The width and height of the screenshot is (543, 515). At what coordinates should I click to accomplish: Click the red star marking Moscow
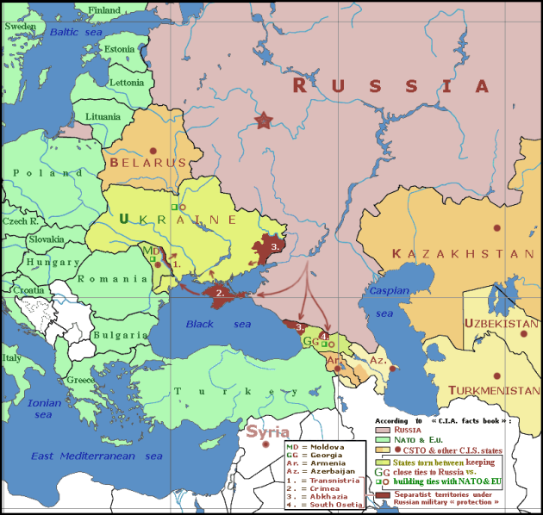[264, 121]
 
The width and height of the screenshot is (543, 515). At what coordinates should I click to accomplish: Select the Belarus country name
[148, 162]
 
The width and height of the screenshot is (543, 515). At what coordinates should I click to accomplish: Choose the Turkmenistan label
[494, 390]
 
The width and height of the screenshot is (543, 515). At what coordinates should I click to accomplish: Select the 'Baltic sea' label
[75, 32]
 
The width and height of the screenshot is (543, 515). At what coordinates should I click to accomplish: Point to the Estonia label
[119, 49]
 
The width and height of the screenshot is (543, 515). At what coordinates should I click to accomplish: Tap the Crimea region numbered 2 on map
[221, 293]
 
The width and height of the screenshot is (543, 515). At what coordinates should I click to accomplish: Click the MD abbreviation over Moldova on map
[150, 251]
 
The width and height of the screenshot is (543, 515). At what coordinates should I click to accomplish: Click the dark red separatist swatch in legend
[383, 496]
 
